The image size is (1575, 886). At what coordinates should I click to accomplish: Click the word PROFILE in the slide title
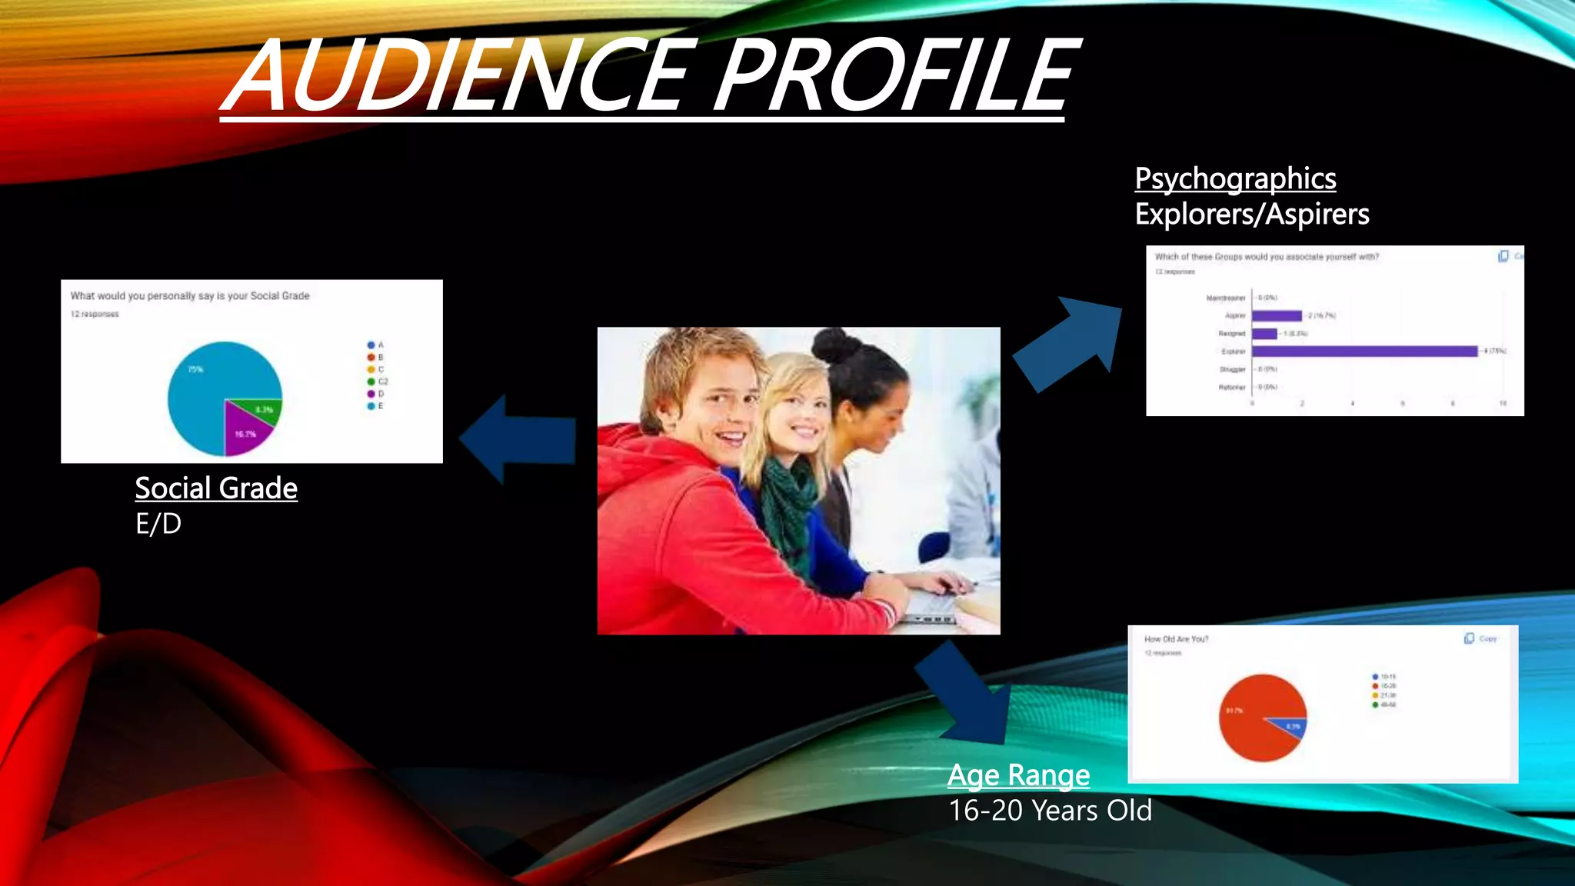click(896, 77)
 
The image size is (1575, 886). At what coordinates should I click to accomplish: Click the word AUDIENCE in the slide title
click(461, 77)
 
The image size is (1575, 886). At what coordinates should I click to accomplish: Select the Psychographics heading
click(1235, 179)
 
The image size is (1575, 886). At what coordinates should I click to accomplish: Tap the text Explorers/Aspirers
click(1251, 215)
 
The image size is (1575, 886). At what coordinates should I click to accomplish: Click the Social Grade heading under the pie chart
click(216, 488)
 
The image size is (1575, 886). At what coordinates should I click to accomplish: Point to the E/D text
click(158, 524)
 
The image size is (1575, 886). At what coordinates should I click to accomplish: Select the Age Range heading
click(1018, 774)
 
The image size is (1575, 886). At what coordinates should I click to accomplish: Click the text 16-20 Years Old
click(1050, 811)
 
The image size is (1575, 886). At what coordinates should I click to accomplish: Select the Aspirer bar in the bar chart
click(1277, 316)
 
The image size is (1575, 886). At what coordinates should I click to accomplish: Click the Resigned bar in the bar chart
click(1264, 334)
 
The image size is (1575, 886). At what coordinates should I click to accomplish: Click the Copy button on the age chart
click(1480, 638)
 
